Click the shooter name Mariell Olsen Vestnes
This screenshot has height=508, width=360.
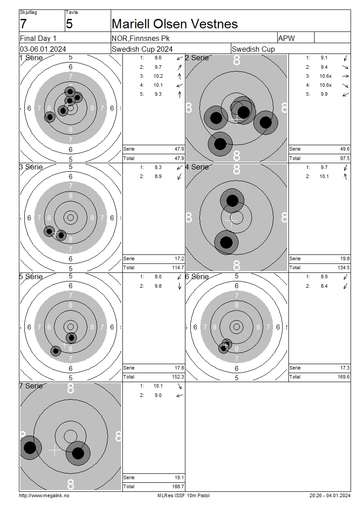[x=175, y=24]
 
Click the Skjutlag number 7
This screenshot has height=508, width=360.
[x=23, y=24]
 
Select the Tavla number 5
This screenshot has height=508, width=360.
[x=69, y=24]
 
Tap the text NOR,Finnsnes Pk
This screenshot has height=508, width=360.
[x=140, y=38]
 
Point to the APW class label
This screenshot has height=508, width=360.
[x=286, y=38]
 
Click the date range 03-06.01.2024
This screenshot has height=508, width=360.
[x=43, y=49]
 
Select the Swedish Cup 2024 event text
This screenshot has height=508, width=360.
[x=142, y=49]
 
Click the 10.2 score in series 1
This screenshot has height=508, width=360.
[x=158, y=76]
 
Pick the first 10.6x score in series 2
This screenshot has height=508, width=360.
[x=326, y=76]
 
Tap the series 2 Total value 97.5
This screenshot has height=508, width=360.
[x=344, y=158]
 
